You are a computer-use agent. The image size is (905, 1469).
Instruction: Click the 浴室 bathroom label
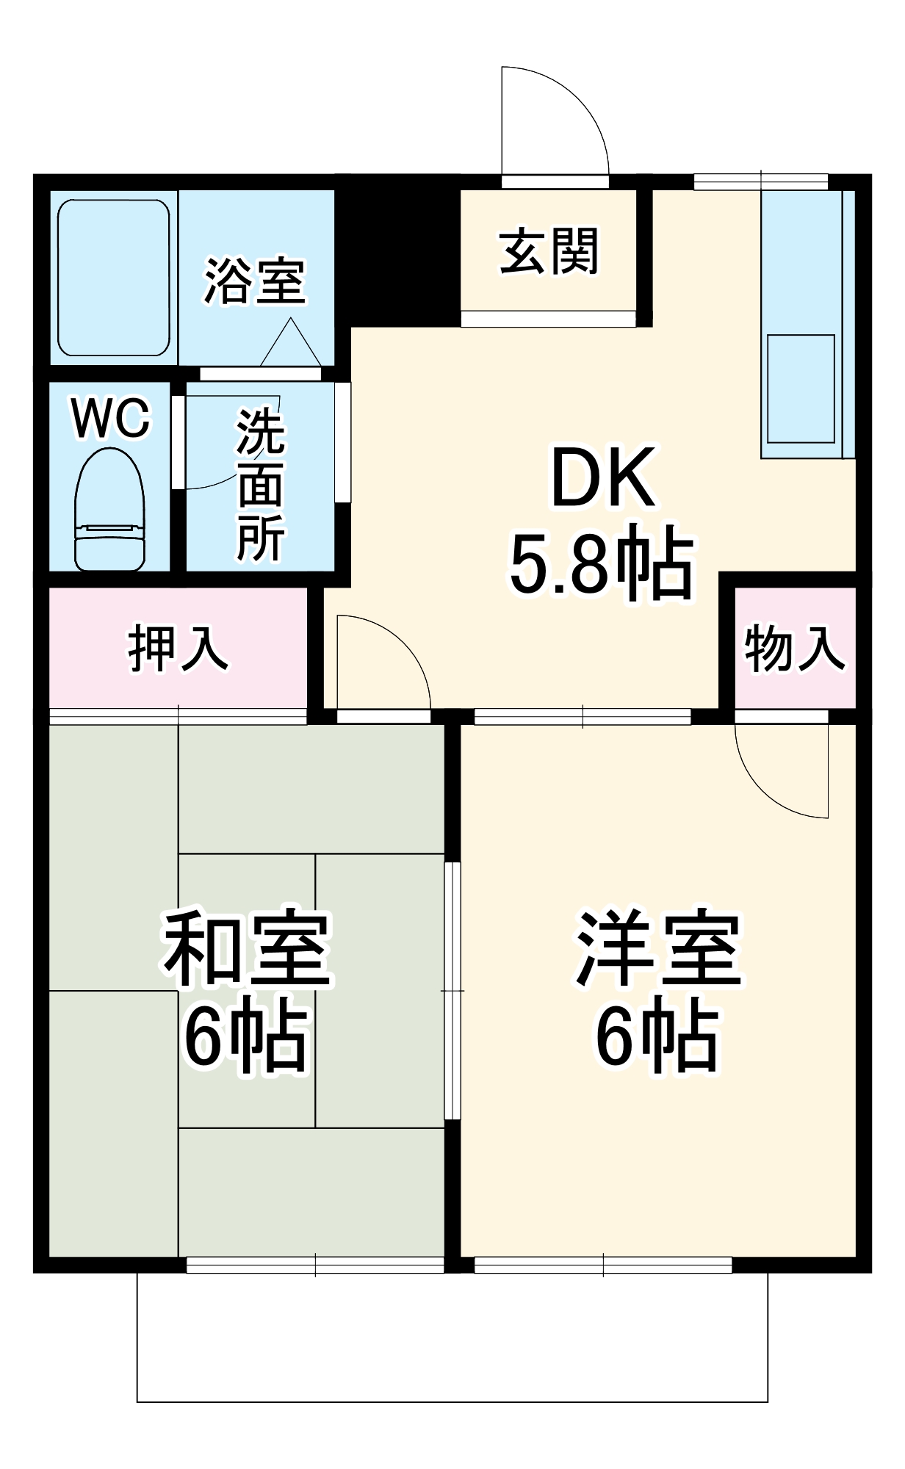(254, 281)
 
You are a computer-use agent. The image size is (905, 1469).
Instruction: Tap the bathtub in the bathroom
(114, 278)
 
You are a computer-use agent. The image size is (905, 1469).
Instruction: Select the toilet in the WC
(109, 510)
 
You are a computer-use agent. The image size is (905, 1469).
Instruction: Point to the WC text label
(111, 419)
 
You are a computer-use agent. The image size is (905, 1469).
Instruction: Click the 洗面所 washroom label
(261, 485)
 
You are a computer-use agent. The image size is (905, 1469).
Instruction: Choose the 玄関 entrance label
(549, 251)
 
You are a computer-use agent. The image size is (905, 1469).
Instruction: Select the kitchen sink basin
(801, 389)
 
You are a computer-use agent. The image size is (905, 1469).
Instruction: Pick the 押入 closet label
(178, 649)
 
